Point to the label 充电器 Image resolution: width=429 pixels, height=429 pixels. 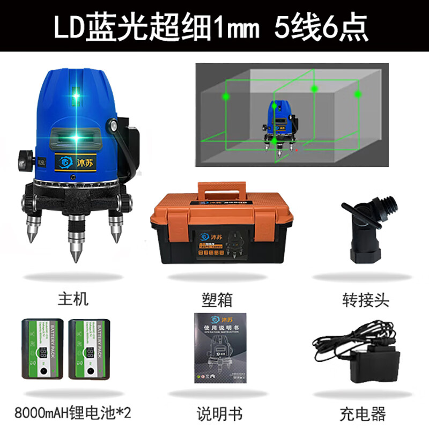tap(362, 413)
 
